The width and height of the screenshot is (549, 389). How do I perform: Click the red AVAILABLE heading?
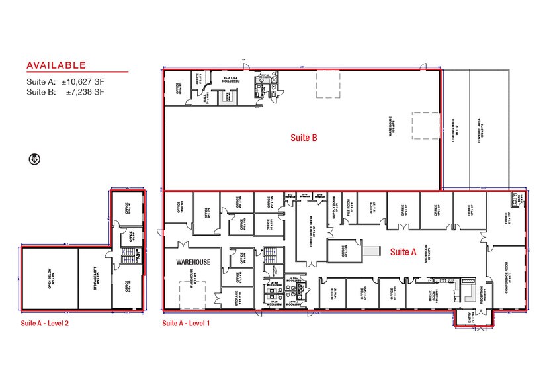point(56,65)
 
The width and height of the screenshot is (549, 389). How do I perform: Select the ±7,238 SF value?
point(85,93)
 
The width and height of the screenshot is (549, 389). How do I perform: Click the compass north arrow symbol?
point(35,159)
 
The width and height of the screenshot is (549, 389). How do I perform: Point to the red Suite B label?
point(305,138)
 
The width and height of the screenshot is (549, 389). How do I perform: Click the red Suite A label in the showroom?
point(402,252)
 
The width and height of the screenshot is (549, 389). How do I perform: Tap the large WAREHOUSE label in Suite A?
point(192,262)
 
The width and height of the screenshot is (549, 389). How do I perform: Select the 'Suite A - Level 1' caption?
point(186,324)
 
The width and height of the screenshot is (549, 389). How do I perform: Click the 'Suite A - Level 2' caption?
point(44,324)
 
